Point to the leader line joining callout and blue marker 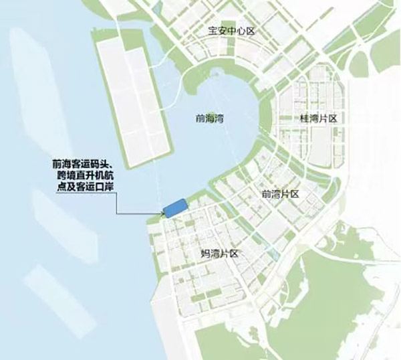coord(137,213)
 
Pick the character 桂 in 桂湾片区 coord(305,118)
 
